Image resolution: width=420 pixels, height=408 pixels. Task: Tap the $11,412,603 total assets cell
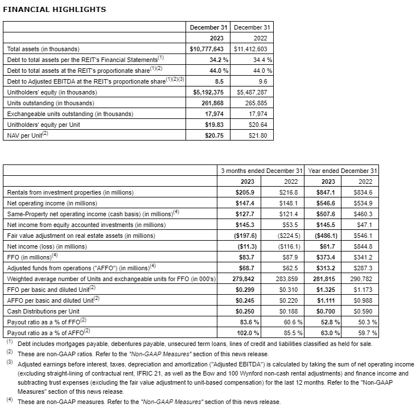tap(253, 49)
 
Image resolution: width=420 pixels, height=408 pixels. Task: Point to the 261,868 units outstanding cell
tap(217, 103)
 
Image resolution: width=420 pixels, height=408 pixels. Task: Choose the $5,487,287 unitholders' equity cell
tap(256, 92)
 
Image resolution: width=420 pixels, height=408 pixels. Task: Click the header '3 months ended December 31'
tap(261, 171)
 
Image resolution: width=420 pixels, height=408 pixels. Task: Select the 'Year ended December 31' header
tap(342, 171)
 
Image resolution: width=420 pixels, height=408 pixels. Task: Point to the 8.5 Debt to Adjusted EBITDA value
tap(223, 81)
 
